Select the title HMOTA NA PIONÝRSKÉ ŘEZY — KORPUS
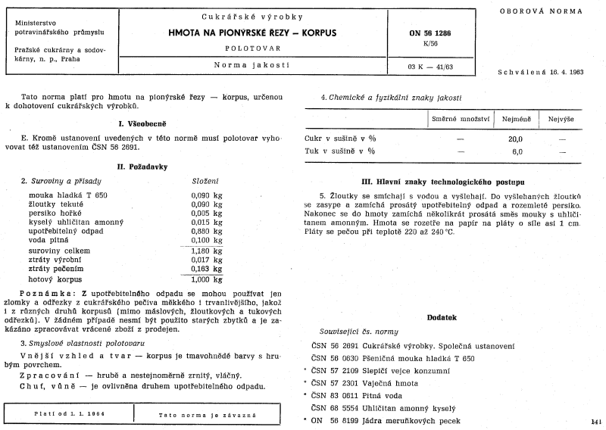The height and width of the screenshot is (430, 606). click(252, 34)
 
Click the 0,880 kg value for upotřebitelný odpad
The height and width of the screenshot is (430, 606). click(205, 231)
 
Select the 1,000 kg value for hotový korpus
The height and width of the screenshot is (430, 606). click(205, 278)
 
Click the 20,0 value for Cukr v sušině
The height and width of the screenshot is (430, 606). click(516, 139)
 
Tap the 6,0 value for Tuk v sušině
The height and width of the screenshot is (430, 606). click(517, 151)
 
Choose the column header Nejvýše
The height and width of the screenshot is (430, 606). click(561, 119)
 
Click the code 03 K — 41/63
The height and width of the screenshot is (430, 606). click(429, 67)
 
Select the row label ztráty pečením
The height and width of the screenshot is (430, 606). click(49, 268)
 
